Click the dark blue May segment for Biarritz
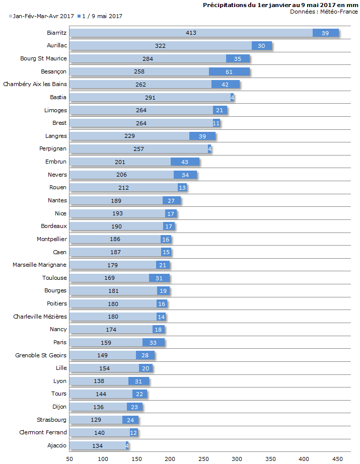[x=325, y=33]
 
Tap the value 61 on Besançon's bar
[x=229, y=71]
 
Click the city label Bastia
[x=58, y=97]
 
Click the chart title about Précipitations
[x=280, y=5]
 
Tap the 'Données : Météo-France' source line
[x=324, y=12]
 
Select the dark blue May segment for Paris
[x=153, y=342]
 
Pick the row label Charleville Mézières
[x=40, y=317]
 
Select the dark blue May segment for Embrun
[x=185, y=162]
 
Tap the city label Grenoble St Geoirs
[x=41, y=355]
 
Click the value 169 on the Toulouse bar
[x=110, y=278]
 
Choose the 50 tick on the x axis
[x=69, y=458]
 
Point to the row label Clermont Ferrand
[x=43, y=432]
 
